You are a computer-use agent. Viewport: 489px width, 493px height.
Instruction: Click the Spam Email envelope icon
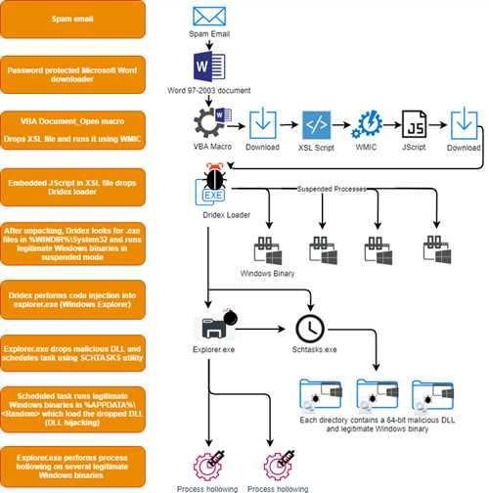(x=209, y=17)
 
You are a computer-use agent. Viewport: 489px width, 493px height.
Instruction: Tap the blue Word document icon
(x=209, y=67)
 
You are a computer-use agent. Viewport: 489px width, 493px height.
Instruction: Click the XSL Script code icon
(x=316, y=125)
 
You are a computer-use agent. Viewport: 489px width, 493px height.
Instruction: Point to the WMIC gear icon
(x=367, y=124)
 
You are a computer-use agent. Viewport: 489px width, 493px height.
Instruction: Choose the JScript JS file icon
(x=414, y=124)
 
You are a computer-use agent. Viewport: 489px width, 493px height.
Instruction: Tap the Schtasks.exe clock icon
(x=310, y=329)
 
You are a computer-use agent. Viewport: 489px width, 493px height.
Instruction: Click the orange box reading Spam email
(x=72, y=19)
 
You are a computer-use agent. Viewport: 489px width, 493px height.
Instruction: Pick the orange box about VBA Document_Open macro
(x=72, y=130)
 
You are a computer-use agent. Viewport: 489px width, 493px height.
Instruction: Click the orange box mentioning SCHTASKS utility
(x=72, y=353)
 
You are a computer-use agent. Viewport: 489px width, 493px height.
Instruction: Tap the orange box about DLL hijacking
(x=72, y=409)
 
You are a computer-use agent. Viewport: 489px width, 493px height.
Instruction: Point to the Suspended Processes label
(x=332, y=189)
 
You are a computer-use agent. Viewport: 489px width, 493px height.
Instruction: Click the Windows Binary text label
(x=267, y=273)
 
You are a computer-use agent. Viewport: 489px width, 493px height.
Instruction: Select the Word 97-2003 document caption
(x=209, y=90)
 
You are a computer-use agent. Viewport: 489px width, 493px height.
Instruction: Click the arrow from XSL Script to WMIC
(x=341, y=124)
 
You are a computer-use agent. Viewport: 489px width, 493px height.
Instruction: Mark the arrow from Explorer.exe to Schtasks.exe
(x=260, y=329)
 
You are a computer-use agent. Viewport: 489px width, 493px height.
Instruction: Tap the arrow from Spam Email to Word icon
(x=209, y=45)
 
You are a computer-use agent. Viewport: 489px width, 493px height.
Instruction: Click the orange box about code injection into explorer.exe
(x=72, y=299)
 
